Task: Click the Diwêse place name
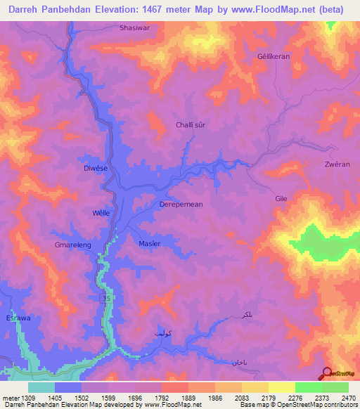coord(96,168)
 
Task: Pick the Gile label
coord(281,199)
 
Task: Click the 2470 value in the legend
coord(347,398)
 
